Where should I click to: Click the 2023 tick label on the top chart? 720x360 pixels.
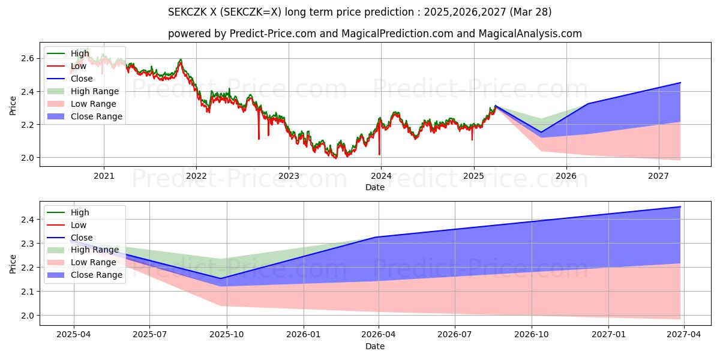[289, 176]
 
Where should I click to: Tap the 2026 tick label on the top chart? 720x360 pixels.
[566, 176]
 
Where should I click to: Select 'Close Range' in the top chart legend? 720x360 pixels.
[96, 116]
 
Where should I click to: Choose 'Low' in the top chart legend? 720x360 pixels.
[79, 66]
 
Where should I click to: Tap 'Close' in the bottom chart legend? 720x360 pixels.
[82, 238]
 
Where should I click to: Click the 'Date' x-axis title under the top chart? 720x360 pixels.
[375, 187]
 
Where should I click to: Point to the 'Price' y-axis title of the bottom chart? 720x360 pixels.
[13, 263]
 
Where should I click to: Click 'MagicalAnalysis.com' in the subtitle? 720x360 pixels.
[528, 34]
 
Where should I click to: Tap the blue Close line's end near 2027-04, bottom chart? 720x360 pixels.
[680, 207]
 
